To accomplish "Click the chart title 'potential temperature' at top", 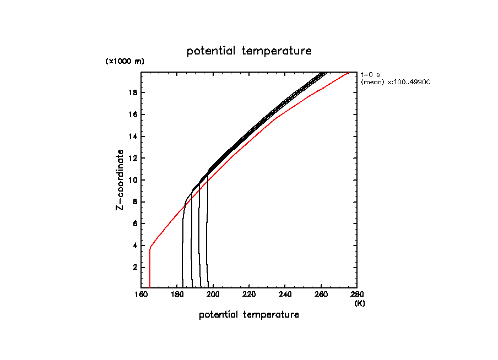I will tap(249, 51).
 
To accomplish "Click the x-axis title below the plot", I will tap(249, 315).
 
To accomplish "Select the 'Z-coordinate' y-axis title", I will tap(119, 180).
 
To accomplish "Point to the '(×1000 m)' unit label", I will tap(124, 62).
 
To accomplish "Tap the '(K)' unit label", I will tap(359, 303).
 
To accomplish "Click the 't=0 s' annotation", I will tap(370, 74).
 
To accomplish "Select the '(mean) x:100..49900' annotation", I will tap(395, 82).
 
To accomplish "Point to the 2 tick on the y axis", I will tap(134, 268).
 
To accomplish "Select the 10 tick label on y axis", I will tap(133, 180).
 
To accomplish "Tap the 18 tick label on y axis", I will tap(133, 92).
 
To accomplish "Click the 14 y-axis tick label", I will tap(133, 137).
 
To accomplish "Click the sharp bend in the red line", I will tap(150, 248).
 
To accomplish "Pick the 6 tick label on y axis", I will tap(134, 224).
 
